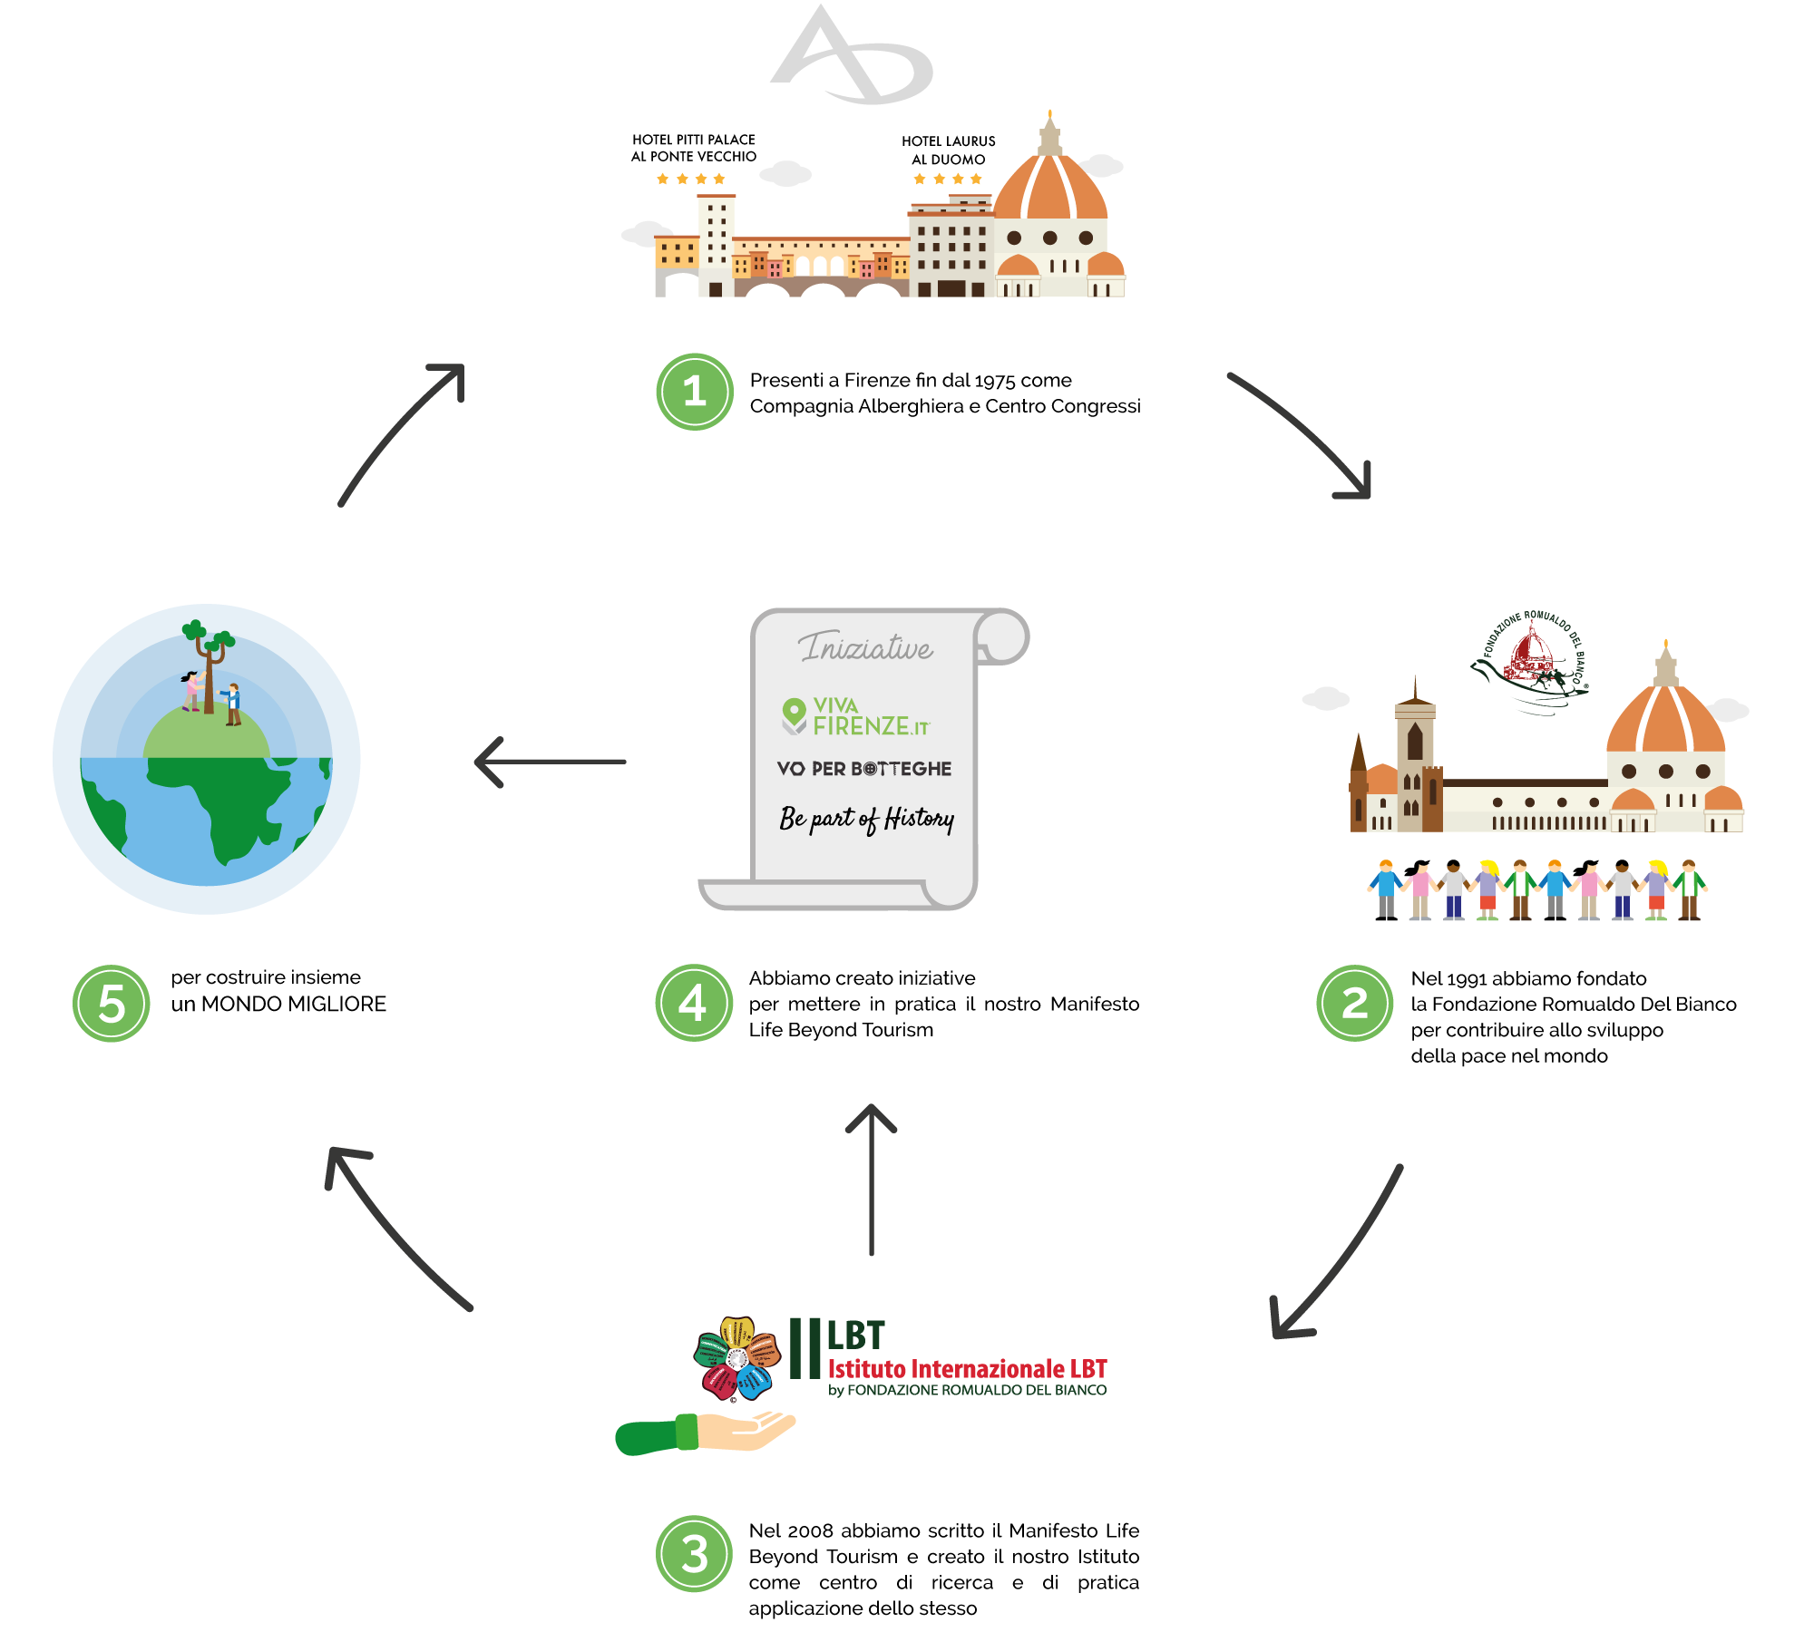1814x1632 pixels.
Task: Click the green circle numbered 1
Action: click(695, 392)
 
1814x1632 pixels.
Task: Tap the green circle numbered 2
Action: click(1354, 1003)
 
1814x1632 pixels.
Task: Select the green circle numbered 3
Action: click(694, 1553)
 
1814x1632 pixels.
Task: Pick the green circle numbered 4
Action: click(694, 1003)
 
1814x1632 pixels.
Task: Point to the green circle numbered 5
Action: click(112, 1003)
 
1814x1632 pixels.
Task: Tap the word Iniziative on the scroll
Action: click(865, 647)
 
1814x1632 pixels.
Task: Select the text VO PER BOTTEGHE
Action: click(864, 769)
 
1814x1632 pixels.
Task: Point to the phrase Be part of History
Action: click(866, 819)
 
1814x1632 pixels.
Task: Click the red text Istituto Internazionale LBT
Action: click(967, 1369)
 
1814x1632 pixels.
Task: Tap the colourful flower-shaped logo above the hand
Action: click(736, 1357)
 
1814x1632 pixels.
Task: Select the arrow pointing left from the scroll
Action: click(550, 762)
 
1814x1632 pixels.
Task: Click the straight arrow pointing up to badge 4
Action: click(871, 1179)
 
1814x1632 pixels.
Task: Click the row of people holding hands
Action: click(1537, 889)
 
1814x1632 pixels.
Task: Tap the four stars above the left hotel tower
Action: click(691, 179)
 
